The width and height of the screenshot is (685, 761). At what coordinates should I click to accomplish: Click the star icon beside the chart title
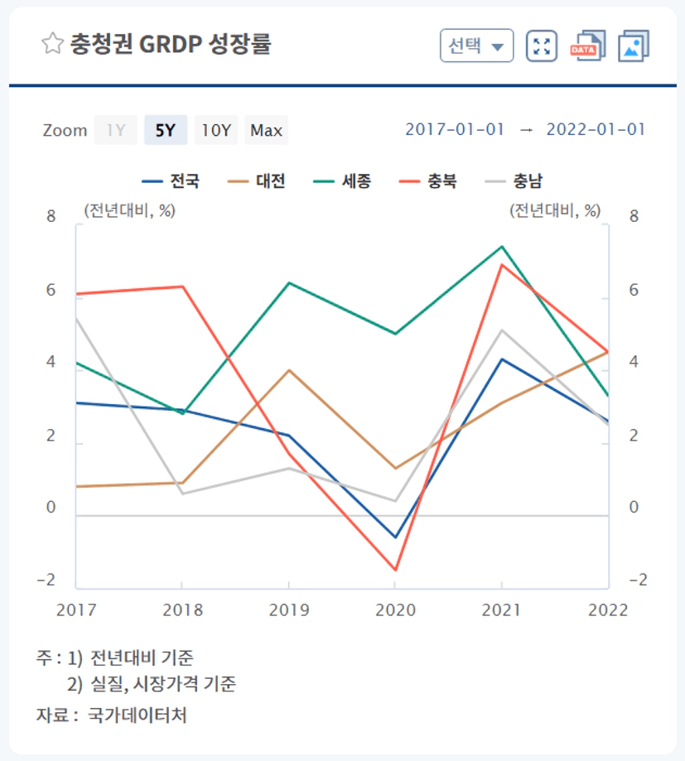pyautogui.click(x=52, y=44)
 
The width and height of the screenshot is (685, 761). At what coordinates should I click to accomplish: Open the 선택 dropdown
pyautogui.click(x=477, y=46)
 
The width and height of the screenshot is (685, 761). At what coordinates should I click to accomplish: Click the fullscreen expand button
pyautogui.click(x=542, y=46)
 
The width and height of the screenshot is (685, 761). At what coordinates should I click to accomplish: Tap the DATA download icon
pyautogui.click(x=588, y=46)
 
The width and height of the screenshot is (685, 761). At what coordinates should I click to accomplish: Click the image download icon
pyautogui.click(x=634, y=46)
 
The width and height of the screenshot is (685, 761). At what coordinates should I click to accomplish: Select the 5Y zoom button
pyautogui.click(x=166, y=130)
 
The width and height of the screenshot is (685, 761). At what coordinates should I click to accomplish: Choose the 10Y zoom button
pyautogui.click(x=216, y=130)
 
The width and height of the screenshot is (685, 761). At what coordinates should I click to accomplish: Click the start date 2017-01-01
pyautogui.click(x=455, y=129)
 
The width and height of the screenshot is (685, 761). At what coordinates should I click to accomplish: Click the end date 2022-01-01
pyautogui.click(x=596, y=129)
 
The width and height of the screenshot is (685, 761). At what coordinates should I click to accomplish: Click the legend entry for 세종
pyautogui.click(x=342, y=181)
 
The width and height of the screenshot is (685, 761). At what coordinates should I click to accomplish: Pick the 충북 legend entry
pyautogui.click(x=427, y=181)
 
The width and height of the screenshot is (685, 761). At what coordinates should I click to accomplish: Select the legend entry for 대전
pyautogui.click(x=256, y=181)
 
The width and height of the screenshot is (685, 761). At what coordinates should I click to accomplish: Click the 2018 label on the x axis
pyautogui.click(x=182, y=609)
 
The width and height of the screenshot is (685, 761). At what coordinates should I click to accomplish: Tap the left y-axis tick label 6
pyautogui.click(x=51, y=290)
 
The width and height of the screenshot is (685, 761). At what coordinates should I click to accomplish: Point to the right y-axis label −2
pyautogui.click(x=638, y=580)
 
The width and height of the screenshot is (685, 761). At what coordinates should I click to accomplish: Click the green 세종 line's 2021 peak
pyautogui.click(x=501, y=247)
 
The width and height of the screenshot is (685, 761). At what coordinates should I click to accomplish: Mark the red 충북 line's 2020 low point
pyautogui.click(x=396, y=570)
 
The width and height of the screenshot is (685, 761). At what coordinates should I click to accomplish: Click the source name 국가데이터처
pyautogui.click(x=137, y=715)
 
